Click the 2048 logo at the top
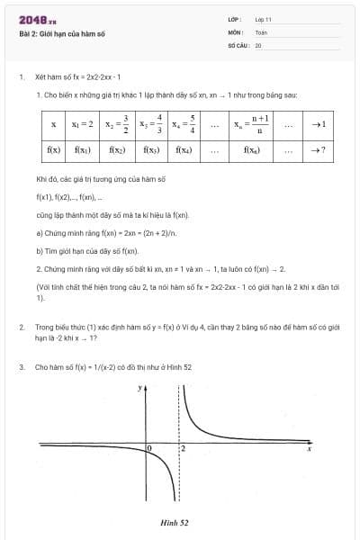[x=38, y=20]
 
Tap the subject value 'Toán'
[x=261, y=31]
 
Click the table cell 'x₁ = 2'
[x=86, y=124]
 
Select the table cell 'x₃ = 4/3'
[x=151, y=124]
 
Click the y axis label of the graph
[x=140, y=388]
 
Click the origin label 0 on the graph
[x=149, y=447]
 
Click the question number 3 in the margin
[x=21, y=367]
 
